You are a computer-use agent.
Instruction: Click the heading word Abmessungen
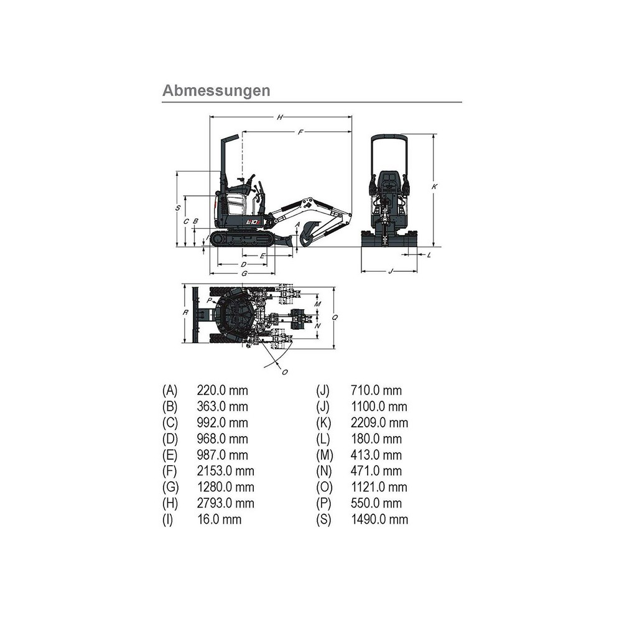pyautogui.click(x=216, y=90)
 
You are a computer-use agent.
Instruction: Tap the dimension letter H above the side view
pyautogui.click(x=281, y=117)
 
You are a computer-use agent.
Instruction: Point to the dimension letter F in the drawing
pyautogui.click(x=300, y=132)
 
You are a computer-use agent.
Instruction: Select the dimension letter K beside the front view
pyautogui.click(x=435, y=186)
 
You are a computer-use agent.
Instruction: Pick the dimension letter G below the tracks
pyautogui.click(x=244, y=273)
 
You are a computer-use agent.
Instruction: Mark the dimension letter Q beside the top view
pyautogui.click(x=335, y=317)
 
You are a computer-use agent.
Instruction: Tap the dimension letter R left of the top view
pyautogui.click(x=185, y=313)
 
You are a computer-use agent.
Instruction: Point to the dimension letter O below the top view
pyautogui.click(x=285, y=372)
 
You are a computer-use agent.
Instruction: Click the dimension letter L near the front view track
pyautogui.click(x=429, y=254)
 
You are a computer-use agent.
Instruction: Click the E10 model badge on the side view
pyautogui.click(x=253, y=221)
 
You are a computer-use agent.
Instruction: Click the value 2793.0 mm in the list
pyautogui.click(x=226, y=503)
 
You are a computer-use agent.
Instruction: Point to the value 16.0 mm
pyautogui.click(x=219, y=519)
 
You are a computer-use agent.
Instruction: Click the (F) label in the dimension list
pyautogui.click(x=170, y=471)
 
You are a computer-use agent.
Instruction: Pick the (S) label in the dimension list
pyautogui.click(x=323, y=519)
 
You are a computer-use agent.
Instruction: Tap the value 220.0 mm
pyautogui.click(x=222, y=391)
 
